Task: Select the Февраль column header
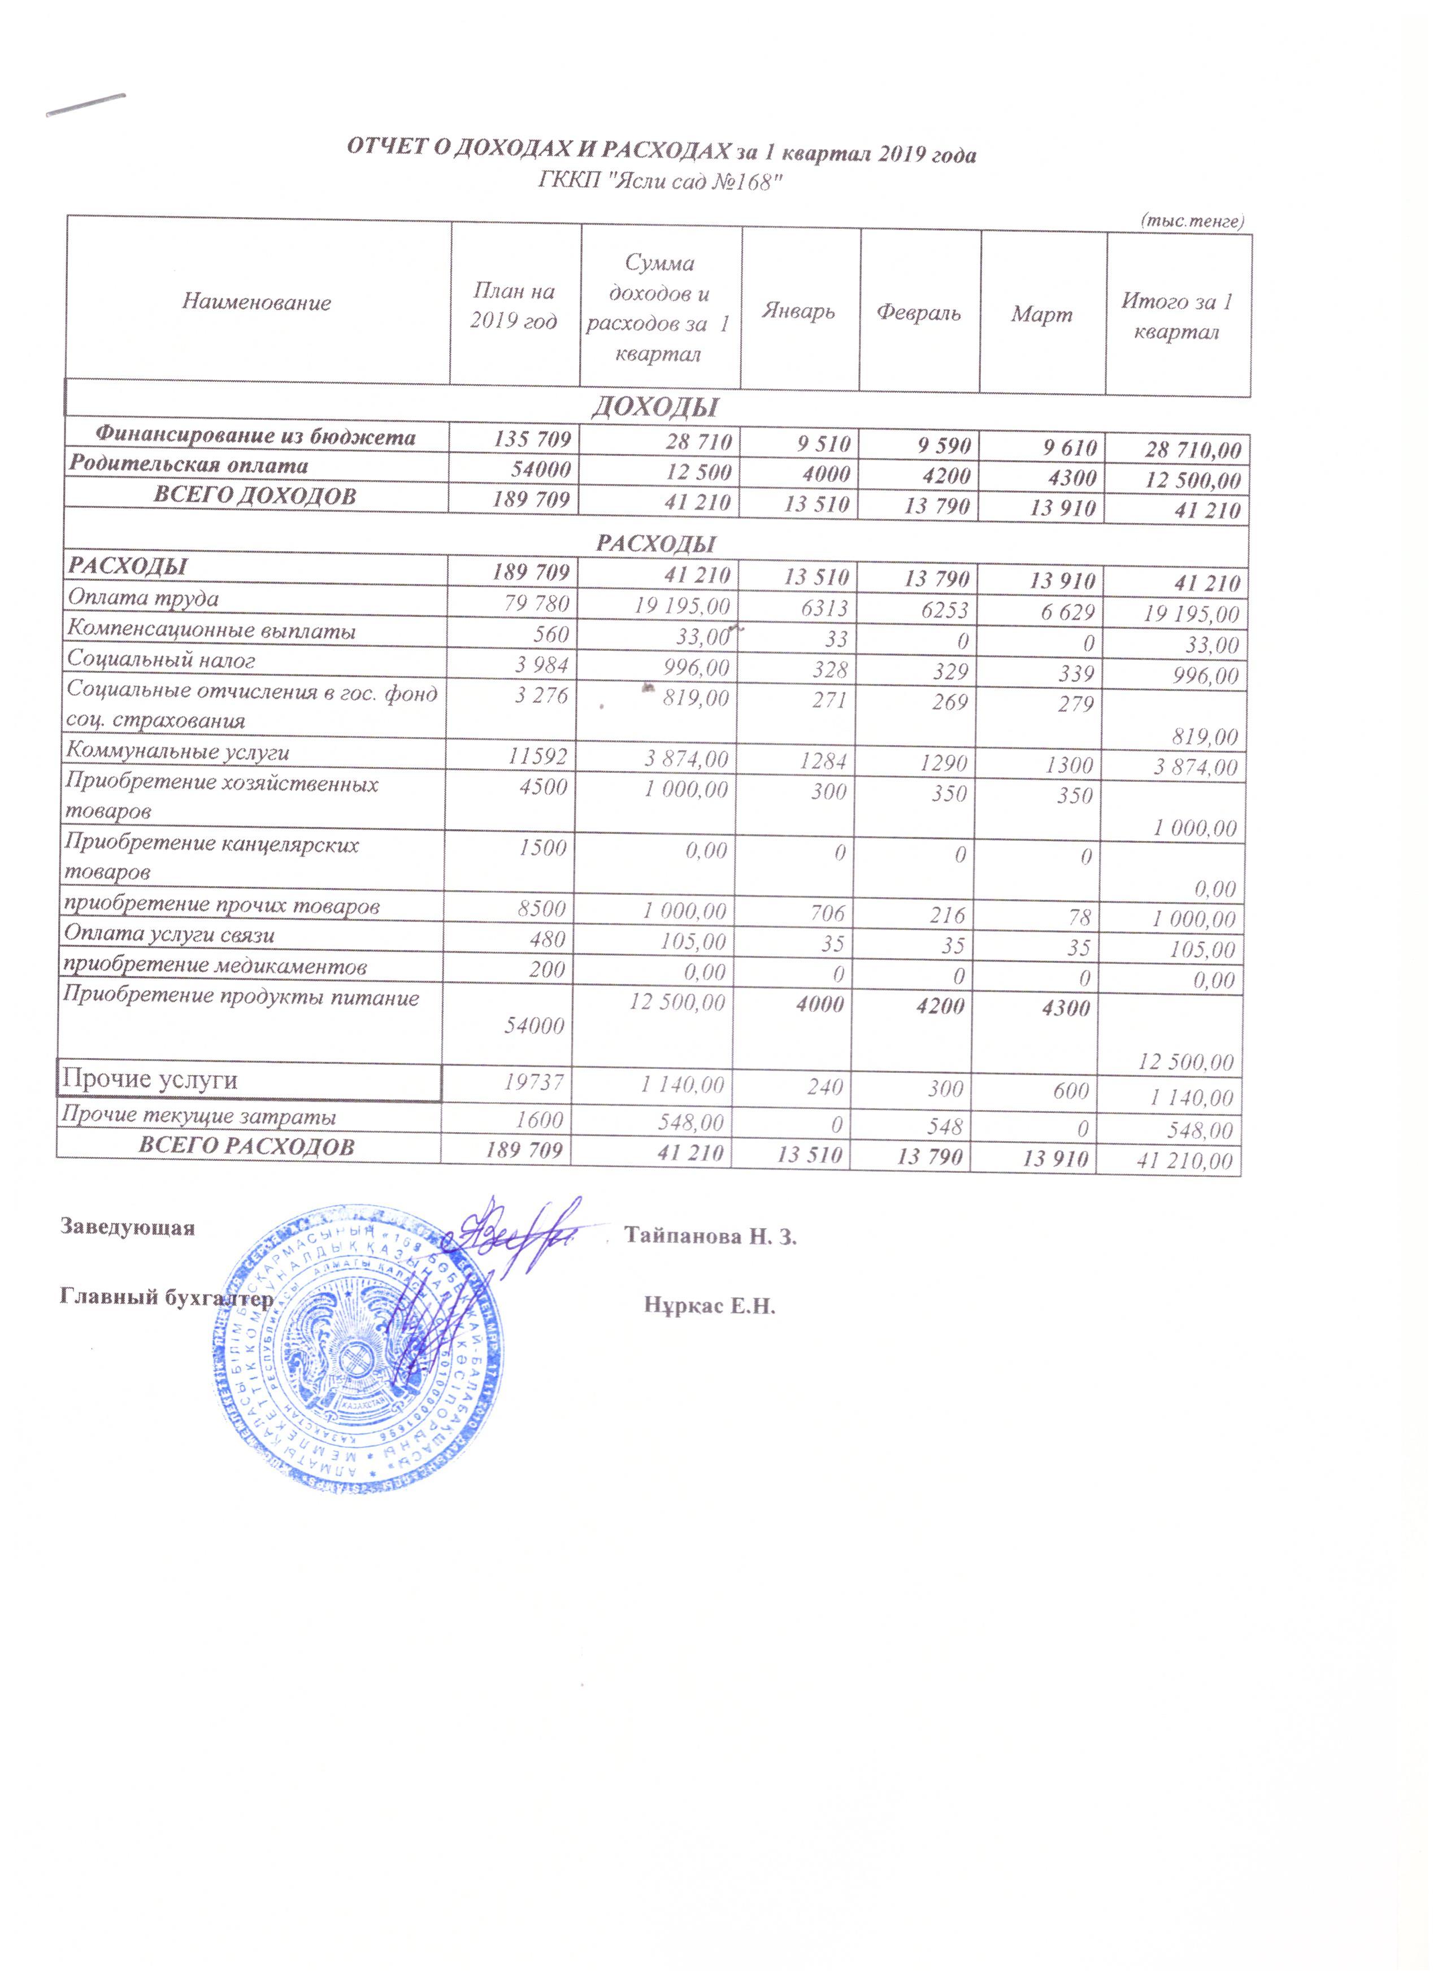point(919,313)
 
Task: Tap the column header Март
point(1041,315)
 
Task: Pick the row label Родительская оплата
point(189,465)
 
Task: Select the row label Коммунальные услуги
point(179,753)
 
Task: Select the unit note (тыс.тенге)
point(1192,221)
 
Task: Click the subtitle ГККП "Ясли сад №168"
point(658,182)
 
